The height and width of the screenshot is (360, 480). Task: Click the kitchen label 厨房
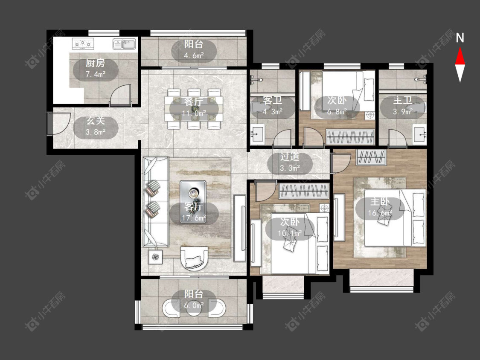tap(95, 63)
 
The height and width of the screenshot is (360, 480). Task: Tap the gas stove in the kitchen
tap(83, 44)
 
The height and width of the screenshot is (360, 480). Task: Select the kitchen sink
tap(125, 44)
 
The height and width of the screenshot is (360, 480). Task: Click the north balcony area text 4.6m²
tap(194, 56)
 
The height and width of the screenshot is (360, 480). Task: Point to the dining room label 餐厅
tap(194, 102)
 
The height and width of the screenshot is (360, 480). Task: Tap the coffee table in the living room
tap(193, 201)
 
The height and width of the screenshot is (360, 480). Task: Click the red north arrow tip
tap(460, 48)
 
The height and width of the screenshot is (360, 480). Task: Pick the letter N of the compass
tap(460, 38)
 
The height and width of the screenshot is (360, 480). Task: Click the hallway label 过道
tap(290, 157)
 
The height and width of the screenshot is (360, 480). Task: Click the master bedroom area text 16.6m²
tap(380, 213)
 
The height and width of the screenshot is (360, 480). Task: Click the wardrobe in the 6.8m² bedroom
tap(350, 137)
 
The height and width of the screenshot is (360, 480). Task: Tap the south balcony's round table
tap(194, 308)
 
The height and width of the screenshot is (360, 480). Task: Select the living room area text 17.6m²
tap(194, 218)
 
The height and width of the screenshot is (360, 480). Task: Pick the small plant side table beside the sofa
tap(156, 257)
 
